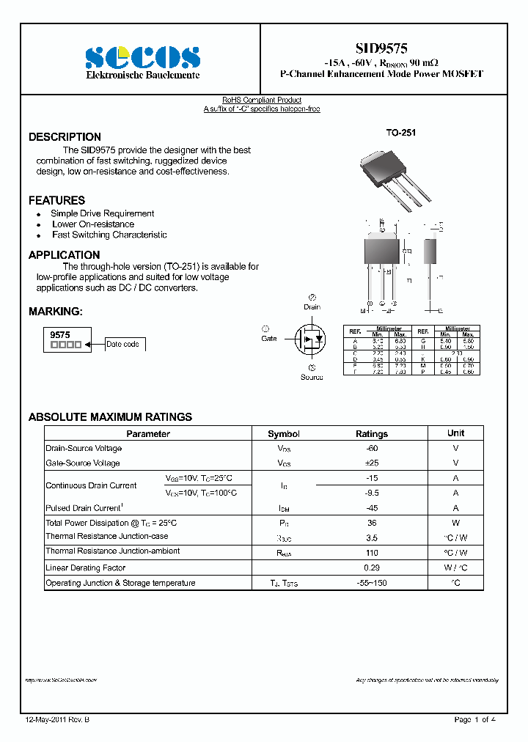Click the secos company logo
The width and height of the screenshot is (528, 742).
pos(142,57)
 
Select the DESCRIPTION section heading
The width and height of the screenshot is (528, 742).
pos(65,137)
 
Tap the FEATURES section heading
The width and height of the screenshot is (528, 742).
pos(56,200)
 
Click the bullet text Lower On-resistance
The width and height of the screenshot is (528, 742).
pos(92,224)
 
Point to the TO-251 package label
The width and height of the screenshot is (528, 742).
pos(400,133)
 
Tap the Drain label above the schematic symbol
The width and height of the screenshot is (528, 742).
pos(312,307)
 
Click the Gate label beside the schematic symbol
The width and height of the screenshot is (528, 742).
pos(268,339)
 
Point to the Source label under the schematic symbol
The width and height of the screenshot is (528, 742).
pos(312,377)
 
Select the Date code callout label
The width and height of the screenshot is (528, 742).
pos(122,344)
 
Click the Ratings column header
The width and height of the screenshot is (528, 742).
pos(372,434)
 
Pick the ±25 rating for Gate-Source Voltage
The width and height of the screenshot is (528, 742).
pos(372,463)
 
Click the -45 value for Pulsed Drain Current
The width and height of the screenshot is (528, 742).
pos(372,508)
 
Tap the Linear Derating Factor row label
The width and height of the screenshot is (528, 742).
pos(85,567)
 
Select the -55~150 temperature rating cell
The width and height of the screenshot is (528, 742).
pos(372,584)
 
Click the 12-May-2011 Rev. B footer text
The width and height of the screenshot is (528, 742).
pos(57,720)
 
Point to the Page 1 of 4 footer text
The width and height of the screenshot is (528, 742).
pos(474,720)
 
